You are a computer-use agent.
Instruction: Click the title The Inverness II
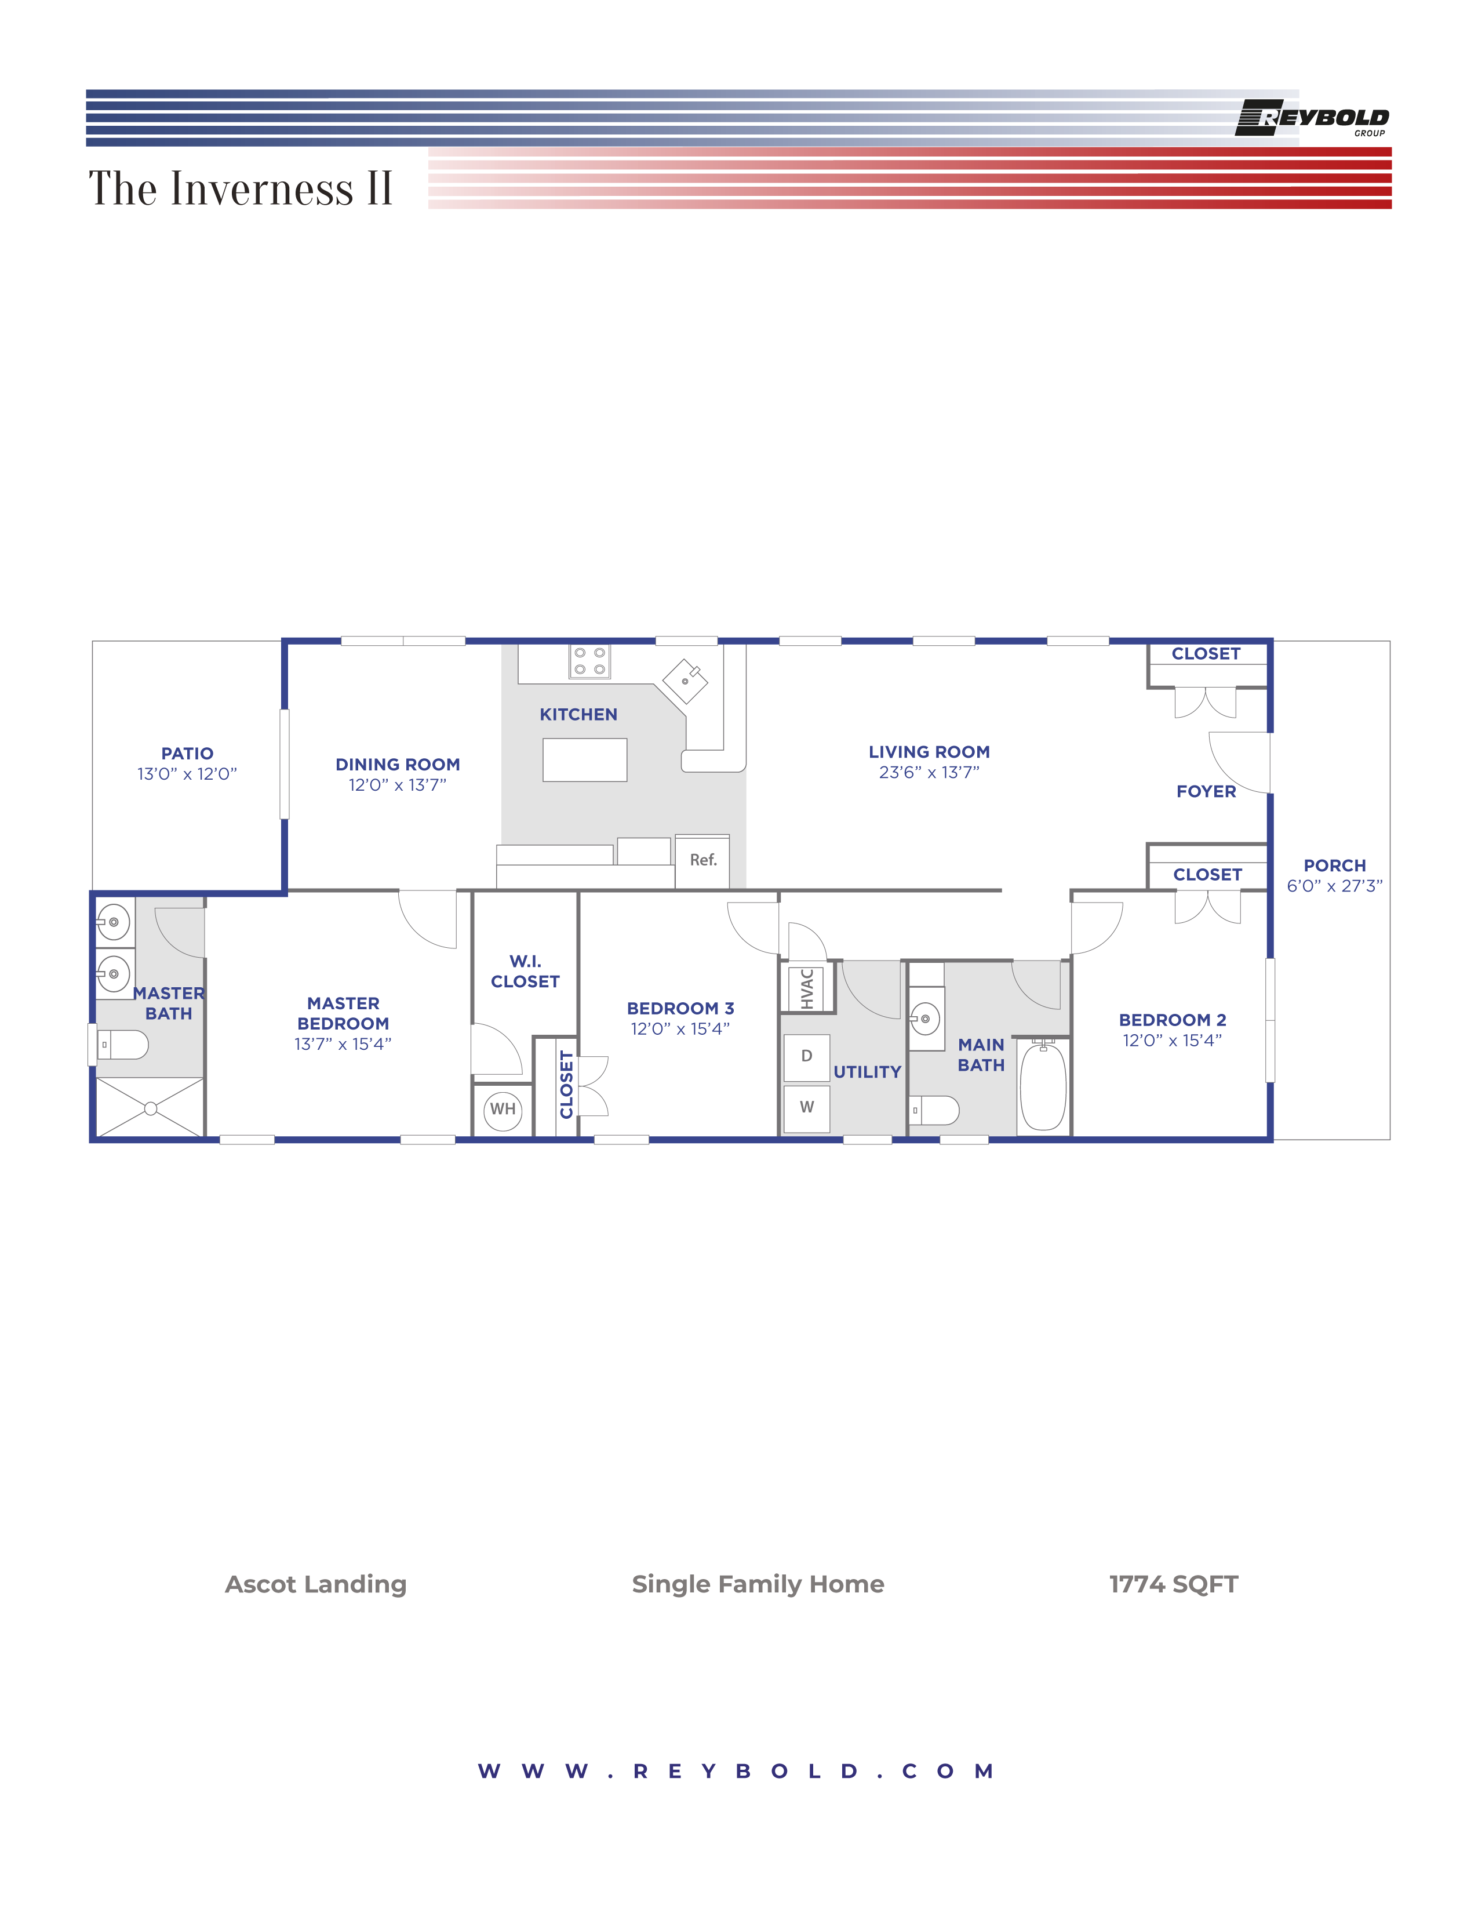[x=240, y=189]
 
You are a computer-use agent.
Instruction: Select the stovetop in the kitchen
[x=589, y=661]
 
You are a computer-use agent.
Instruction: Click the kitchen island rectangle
[x=584, y=759]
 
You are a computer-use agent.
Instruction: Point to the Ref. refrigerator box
[x=702, y=861]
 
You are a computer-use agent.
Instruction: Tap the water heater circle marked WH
[x=503, y=1110]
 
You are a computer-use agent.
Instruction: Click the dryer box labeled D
[x=806, y=1056]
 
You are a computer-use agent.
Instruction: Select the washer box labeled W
[x=806, y=1108]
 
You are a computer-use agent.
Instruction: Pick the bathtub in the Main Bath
[x=1043, y=1086]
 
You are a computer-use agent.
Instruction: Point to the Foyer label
[x=1206, y=792]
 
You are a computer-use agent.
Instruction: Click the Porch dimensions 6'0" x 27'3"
[x=1334, y=886]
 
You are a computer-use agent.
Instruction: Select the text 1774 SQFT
[x=1173, y=1584]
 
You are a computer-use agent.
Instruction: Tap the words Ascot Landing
[x=316, y=1584]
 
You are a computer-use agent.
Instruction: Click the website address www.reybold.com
[x=736, y=1771]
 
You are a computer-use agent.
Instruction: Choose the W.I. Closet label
[x=525, y=972]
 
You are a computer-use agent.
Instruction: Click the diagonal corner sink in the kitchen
[x=685, y=681]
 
